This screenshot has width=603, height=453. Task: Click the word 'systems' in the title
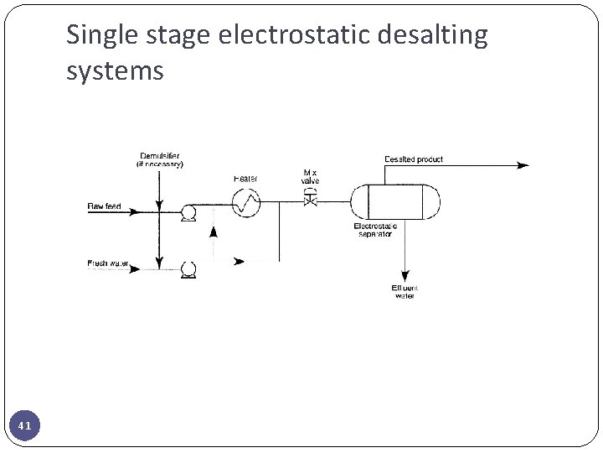point(115,71)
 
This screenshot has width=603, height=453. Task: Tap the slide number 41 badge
point(25,426)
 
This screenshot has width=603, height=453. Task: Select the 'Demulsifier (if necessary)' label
point(159,160)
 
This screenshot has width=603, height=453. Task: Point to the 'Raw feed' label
point(105,206)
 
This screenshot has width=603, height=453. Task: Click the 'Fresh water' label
point(109,263)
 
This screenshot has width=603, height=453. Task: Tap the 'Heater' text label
point(245,179)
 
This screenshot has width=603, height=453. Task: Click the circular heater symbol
point(246,202)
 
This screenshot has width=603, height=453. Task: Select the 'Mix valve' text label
point(310,177)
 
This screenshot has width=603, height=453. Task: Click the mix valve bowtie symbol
point(310,200)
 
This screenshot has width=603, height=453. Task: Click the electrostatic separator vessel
point(394,201)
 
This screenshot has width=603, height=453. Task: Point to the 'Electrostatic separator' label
point(375,230)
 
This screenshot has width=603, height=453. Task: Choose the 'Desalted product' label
point(414,159)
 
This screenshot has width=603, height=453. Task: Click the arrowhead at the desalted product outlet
point(523,165)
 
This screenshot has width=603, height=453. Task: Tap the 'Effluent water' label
point(404,292)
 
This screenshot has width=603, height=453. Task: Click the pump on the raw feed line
point(188,212)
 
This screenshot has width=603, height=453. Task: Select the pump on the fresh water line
point(188,269)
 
